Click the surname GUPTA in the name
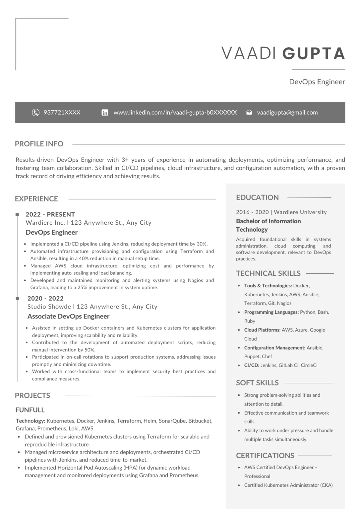tap(314, 54)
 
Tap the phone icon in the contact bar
tap(35, 113)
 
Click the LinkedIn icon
tap(105, 113)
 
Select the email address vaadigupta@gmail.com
tap(287, 113)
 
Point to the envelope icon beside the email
tap(249, 113)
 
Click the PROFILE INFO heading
tap(39, 144)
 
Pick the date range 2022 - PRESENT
tap(50, 214)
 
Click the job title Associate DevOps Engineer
tap(68, 316)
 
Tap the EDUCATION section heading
tap(257, 198)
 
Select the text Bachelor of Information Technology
tap(268, 225)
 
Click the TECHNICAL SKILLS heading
tap(268, 273)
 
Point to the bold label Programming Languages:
tap(271, 312)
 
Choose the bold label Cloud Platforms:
tap(262, 330)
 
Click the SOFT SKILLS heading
tap(257, 383)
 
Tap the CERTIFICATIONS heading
tap(265, 456)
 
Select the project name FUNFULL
tap(30, 410)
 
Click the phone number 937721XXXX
tap(62, 113)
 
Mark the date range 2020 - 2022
tap(45, 299)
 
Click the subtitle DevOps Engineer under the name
tap(317, 82)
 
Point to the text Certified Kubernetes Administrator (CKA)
tap(288, 485)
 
